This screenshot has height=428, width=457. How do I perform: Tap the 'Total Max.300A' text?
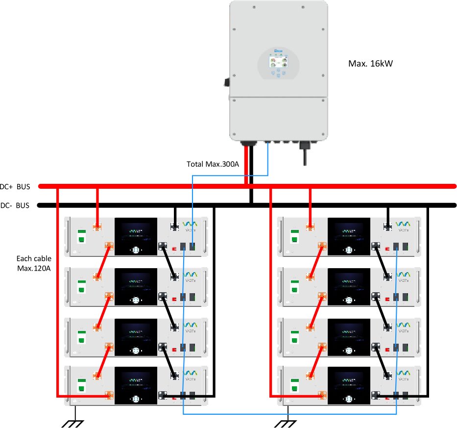(x=213, y=164)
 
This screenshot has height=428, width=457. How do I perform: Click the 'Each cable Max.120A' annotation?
(x=33, y=263)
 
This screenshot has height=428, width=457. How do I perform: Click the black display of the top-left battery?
(x=136, y=236)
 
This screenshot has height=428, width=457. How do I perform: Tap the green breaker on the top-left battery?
(x=81, y=235)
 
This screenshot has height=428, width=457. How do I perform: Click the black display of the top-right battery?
(x=349, y=236)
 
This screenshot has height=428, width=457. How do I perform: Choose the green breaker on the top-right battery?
(x=294, y=235)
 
